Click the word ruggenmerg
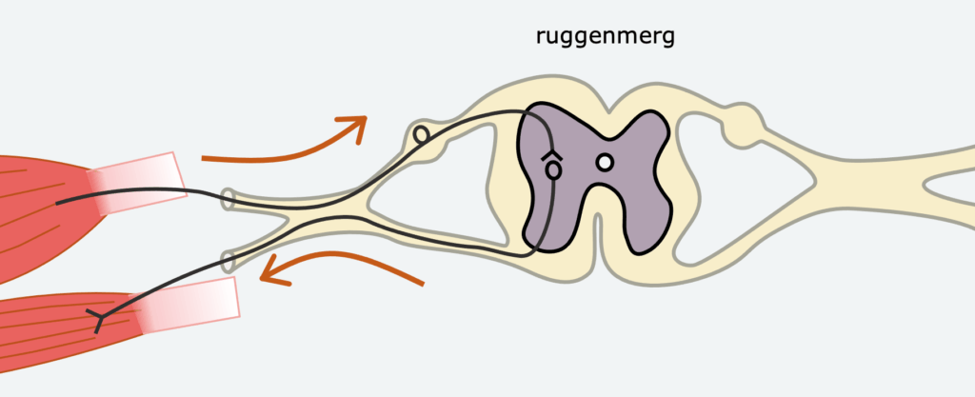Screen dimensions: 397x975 [606, 38]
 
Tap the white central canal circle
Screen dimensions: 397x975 [604, 163]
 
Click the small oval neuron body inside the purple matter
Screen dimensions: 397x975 [551, 170]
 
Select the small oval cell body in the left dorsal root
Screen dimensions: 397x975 [421, 135]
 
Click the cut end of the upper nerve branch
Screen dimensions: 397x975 [229, 199]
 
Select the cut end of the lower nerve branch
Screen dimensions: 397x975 [229, 259]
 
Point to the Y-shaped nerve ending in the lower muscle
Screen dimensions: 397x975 [99, 318]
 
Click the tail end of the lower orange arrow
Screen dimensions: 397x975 [421, 283]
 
